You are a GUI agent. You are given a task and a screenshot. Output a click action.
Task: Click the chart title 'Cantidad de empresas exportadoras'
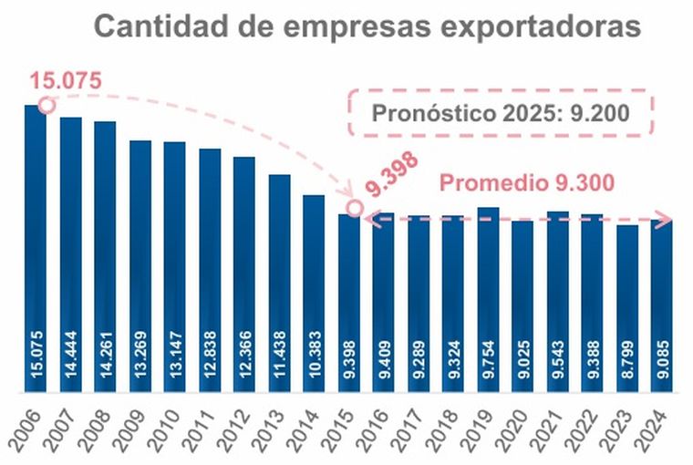[x=367, y=27]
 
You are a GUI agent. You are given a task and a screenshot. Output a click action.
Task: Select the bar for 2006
[x=35, y=246]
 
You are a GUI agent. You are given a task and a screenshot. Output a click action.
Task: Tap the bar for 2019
[x=488, y=301]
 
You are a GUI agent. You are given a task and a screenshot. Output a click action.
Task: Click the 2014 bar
[x=314, y=292]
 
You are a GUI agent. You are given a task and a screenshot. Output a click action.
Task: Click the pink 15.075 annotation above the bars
[x=65, y=80]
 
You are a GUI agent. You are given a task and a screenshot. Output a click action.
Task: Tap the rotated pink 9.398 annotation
[x=393, y=174]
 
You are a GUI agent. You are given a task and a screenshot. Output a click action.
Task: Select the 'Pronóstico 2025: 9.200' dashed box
[x=502, y=114]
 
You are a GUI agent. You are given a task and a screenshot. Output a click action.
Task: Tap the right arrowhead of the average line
[x=667, y=219]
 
